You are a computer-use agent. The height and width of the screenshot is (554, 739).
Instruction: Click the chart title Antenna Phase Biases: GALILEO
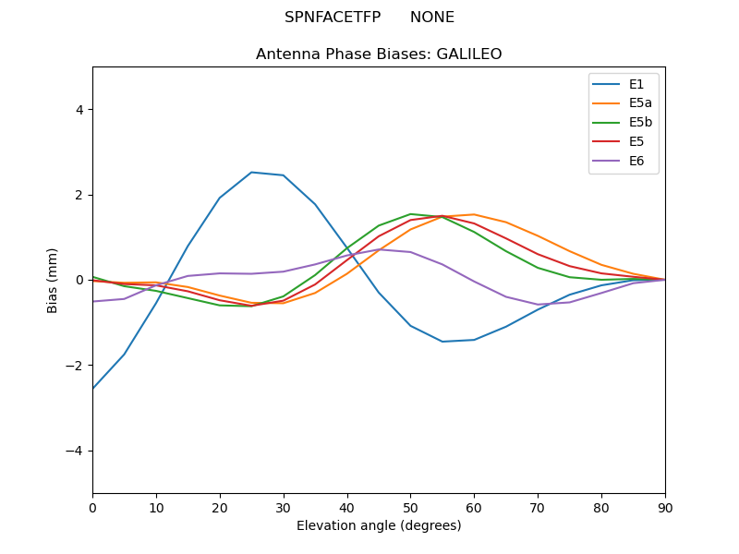[x=379, y=54]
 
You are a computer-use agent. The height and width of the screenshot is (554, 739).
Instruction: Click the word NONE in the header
[x=432, y=18]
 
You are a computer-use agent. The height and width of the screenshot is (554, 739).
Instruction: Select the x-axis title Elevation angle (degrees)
[x=379, y=526]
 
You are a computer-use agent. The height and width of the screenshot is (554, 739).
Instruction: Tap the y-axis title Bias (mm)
[x=53, y=280]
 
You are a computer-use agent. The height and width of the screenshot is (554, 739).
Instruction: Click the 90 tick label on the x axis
[x=665, y=507]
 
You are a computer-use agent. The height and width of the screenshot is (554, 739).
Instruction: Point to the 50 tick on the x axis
[x=410, y=507]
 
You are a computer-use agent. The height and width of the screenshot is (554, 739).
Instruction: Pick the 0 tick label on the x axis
[x=92, y=507]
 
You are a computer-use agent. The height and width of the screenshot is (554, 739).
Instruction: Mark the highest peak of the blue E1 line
[x=251, y=172]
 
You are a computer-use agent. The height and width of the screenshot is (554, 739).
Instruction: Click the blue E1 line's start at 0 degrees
[x=93, y=388]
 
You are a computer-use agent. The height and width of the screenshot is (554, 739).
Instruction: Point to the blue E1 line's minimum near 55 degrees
[x=442, y=342]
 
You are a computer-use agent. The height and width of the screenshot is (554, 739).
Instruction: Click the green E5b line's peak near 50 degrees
[x=410, y=214]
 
